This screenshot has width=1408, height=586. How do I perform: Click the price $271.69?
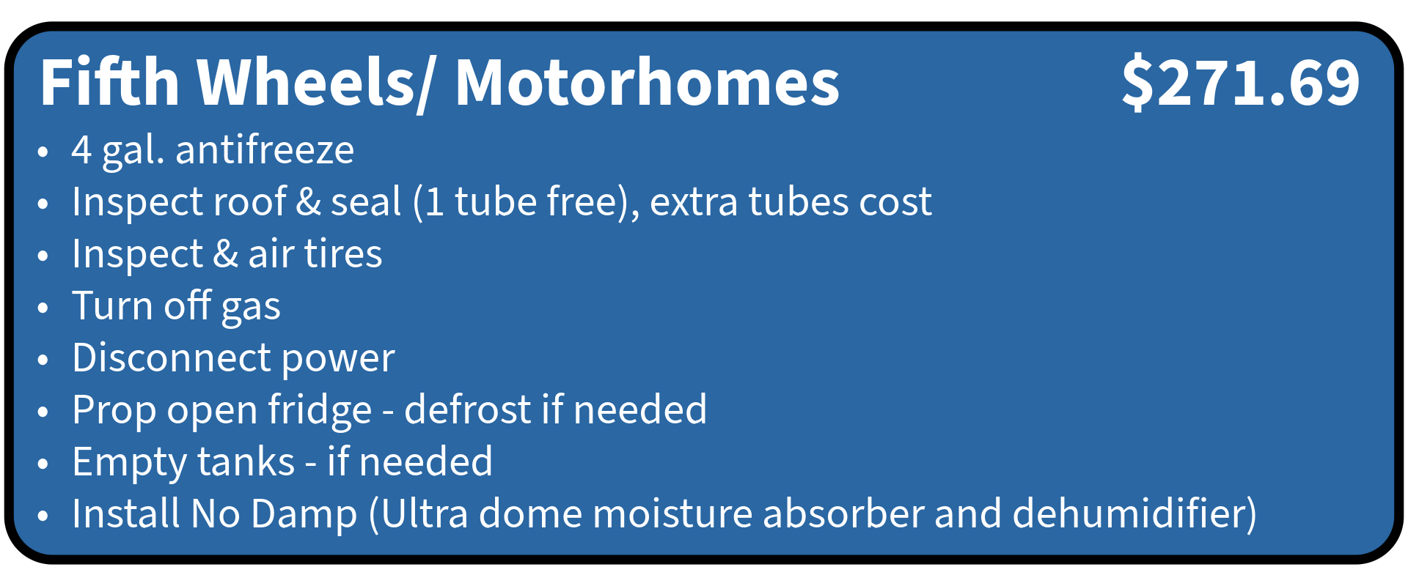click(1241, 82)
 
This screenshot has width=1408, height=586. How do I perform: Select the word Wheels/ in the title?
click(315, 84)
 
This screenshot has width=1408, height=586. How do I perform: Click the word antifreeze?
click(265, 149)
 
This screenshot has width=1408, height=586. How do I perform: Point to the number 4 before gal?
click(81, 150)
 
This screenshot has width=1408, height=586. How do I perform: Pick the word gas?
click(251, 308)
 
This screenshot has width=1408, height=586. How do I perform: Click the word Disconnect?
click(172, 358)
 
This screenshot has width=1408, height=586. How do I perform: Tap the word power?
click(338, 360)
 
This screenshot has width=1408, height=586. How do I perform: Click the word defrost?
click(468, 409)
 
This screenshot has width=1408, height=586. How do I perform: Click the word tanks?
click(246, 462)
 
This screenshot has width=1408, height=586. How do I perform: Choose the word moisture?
click(672, 514)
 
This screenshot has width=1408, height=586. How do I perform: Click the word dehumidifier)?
click(1134, 514)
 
